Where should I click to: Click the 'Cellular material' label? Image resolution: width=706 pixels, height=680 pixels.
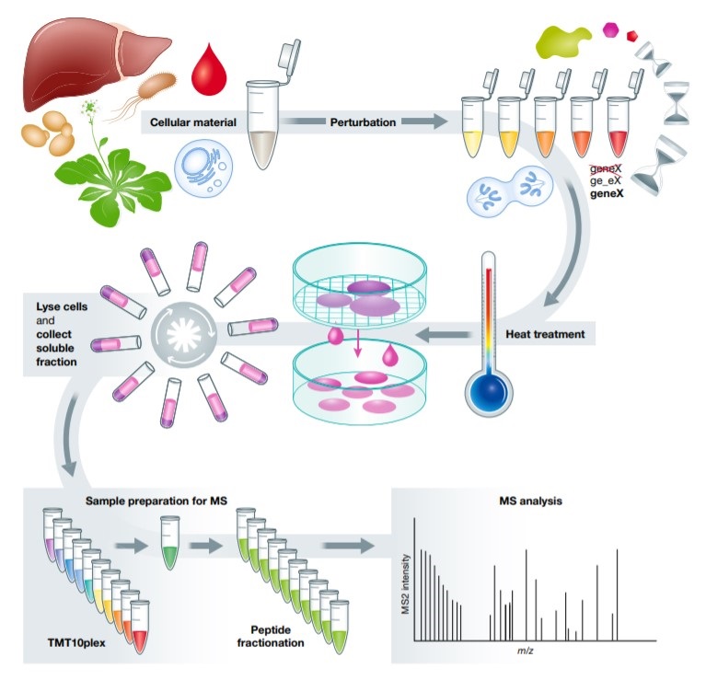192,121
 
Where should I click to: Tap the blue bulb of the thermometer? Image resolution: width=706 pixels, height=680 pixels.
485,386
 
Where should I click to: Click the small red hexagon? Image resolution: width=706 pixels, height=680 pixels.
631,36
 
